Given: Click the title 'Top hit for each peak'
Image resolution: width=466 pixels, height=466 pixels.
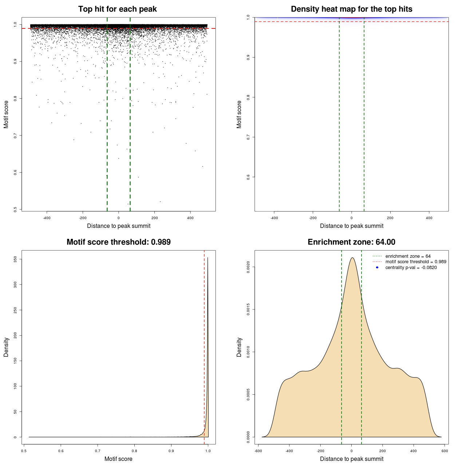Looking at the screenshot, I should [117, 9].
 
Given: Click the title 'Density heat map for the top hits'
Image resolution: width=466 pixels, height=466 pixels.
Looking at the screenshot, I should [351, 9].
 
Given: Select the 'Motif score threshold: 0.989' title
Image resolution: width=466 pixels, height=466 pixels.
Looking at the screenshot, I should [118, 242].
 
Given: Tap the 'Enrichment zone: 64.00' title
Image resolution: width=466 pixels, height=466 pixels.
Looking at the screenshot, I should [351, 242].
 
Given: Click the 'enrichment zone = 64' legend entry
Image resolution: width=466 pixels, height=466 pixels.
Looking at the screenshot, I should [408, 256].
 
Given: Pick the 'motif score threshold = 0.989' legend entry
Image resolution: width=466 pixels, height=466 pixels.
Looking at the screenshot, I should [415, 262].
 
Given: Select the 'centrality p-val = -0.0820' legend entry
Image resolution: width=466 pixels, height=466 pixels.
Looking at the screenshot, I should [411, 268].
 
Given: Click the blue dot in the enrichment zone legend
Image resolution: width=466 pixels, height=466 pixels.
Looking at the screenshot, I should [377, 268].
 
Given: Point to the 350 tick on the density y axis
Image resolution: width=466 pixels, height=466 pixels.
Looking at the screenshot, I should [15, 259].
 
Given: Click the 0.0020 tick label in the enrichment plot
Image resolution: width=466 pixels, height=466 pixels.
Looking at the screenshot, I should [248, 267].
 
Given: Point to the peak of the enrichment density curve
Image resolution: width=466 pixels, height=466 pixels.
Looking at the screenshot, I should [352, 258].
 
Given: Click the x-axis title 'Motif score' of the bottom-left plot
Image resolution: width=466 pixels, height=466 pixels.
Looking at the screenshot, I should [118, 459].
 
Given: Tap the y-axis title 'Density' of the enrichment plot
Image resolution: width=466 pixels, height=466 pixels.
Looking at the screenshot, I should [239, 347].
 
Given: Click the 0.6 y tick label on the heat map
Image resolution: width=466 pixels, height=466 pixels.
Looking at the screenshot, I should [248, 177].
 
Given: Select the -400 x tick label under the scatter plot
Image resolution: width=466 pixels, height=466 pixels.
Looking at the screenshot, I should [47, 218].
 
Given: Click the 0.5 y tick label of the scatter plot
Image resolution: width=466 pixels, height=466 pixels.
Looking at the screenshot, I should [15, 209].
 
